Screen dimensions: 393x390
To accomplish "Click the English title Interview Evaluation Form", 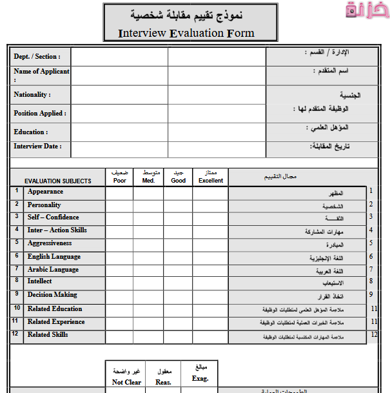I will pos(186,34).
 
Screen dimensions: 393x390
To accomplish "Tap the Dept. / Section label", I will pos(37,57).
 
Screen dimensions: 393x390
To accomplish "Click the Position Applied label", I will pos(40,114).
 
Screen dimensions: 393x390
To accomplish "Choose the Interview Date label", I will pos(38,146).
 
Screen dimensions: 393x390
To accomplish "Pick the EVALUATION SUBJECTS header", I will pos(58,181).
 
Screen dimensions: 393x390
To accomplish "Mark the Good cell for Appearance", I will pos(179,192).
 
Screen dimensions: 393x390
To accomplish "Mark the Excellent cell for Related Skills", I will pos(210,336).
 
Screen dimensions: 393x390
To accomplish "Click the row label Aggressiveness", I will pos(50,244).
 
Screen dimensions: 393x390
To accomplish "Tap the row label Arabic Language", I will pos(53,270).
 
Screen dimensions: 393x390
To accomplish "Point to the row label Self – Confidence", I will pos(53,217).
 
